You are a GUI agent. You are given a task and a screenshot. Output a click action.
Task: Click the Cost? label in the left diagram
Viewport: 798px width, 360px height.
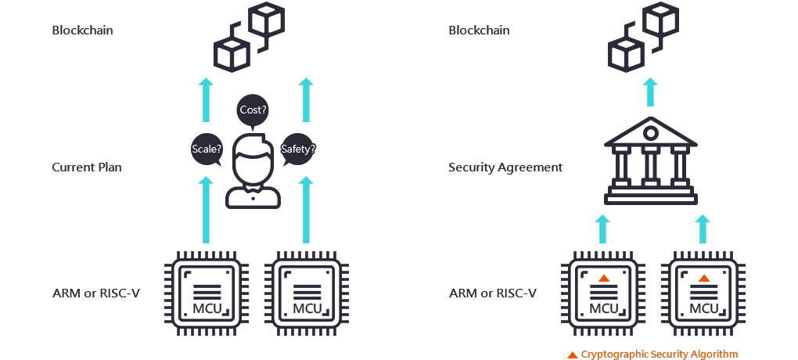(253, 110)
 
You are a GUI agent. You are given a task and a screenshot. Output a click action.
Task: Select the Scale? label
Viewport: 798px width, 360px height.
(207, 149)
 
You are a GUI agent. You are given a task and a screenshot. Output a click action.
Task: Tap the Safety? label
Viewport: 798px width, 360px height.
(299, 149)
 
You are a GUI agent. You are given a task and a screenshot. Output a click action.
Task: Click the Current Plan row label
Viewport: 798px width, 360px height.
(87, 167)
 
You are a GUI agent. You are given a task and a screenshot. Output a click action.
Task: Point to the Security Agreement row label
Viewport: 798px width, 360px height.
(505, 167)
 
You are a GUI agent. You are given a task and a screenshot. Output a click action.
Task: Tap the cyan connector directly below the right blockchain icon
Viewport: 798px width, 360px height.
(649, 92)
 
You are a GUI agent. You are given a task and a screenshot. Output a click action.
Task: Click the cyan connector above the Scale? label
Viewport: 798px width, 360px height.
(205, 99)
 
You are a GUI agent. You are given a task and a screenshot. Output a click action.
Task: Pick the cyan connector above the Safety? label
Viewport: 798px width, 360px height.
(305, 99)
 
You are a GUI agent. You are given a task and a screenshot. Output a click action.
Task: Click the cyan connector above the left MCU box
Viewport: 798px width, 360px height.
(602, 229)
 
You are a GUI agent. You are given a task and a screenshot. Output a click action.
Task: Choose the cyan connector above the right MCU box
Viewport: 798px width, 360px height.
(702, 229)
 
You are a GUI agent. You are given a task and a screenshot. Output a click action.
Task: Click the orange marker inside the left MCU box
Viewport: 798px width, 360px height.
(603, 278)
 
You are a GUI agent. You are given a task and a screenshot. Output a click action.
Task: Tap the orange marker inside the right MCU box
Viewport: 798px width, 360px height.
(703, 278)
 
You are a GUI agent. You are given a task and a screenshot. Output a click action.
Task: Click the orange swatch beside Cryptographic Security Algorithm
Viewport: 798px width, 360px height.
(572, 355)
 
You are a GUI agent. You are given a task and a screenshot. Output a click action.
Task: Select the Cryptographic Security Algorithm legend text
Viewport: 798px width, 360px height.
(659, 355)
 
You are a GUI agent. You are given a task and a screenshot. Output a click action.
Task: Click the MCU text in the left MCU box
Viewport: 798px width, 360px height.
(603, 309)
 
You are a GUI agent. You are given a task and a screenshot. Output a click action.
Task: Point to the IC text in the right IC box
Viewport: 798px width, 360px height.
(309, 309)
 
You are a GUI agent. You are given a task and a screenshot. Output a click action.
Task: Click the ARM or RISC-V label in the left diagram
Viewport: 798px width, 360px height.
(95, 293)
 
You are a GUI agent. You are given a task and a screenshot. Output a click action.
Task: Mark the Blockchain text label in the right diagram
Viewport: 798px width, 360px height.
(479, 31)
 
